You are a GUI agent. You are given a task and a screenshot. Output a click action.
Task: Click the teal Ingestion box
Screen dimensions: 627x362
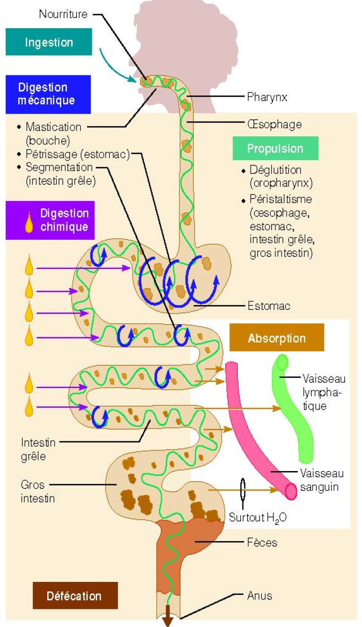coord(49,42)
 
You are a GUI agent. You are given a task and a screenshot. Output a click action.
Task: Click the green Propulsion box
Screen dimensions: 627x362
coord(275,149)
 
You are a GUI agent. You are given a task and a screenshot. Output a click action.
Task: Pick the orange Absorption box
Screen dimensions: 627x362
coord(277,338)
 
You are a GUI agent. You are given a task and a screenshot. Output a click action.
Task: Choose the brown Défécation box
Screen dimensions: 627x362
coord(74,596)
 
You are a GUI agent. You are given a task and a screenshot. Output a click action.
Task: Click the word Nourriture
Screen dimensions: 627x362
coord(63,14)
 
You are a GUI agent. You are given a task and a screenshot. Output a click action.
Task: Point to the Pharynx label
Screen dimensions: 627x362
coord(267,97)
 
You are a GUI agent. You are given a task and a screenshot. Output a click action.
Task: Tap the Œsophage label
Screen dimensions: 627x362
coord(274,124)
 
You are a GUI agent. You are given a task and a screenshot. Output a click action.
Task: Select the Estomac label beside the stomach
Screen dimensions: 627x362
coord(269,306)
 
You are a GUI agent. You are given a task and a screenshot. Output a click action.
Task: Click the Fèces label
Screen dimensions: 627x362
coord(262,543)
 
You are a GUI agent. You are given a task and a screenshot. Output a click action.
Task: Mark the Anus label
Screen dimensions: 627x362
coord(260,595)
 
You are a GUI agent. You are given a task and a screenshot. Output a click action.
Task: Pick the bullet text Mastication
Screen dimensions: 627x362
coord(53,127)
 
